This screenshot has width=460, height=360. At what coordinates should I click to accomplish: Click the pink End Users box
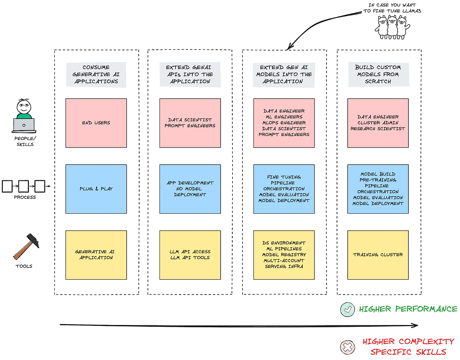click(96, 123)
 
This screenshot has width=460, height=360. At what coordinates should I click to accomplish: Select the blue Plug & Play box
click(96, 189)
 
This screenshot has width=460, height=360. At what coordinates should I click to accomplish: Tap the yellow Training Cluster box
click(378, 255)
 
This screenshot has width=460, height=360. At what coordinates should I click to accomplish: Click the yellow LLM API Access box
click(190, 255)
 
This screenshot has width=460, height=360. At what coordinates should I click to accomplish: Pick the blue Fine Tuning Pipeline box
click(284, 189)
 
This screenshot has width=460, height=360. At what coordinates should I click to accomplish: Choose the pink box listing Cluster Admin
click(378, 123)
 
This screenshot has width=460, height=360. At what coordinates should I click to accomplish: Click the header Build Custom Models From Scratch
click(378, 75)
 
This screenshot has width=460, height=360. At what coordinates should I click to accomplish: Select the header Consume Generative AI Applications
click(96, 75)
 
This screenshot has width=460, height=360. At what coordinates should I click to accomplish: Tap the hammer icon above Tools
click(26, 246)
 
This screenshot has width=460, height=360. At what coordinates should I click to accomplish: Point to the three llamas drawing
click(392, 27)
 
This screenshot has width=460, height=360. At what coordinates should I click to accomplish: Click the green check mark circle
click(348, 309)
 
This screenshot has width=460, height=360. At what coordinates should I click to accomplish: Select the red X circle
click(348, 347)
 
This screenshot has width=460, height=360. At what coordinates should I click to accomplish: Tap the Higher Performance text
click(408, 309)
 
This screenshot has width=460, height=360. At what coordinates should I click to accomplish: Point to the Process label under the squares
click(25, 198)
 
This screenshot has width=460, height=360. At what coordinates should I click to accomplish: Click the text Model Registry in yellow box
click(284, 255)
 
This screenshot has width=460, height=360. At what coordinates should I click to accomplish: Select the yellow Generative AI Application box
click(96, 255)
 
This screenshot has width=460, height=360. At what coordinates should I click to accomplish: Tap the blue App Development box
click(190, 189)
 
